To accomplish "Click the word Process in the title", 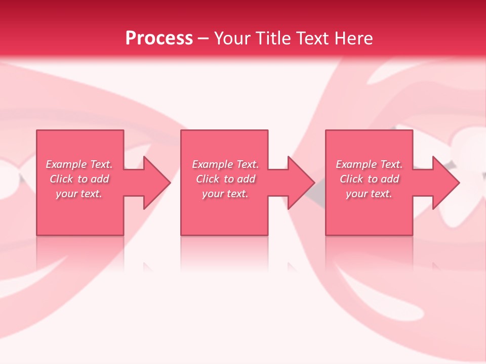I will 159,38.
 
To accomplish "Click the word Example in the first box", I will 66,164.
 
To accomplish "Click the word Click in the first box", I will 61,179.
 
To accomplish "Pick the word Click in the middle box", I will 208,179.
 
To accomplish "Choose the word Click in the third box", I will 351,179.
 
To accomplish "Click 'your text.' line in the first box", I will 79,194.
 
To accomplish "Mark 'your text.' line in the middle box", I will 225,194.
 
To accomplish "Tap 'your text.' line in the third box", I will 369,194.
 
